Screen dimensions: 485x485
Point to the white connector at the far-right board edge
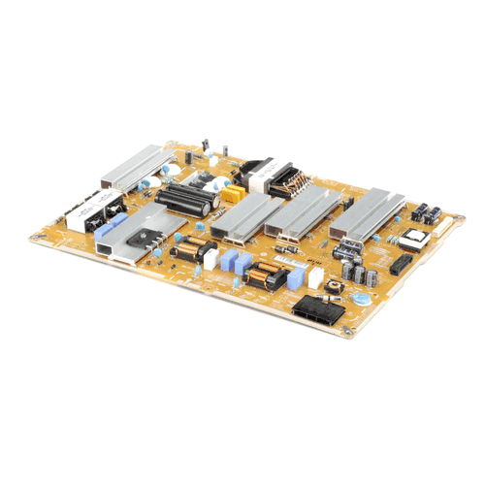(x=445, y=225)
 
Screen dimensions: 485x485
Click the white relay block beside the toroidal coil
(x=315, y=277)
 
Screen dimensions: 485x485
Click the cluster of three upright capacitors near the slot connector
(x=353, y=273)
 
